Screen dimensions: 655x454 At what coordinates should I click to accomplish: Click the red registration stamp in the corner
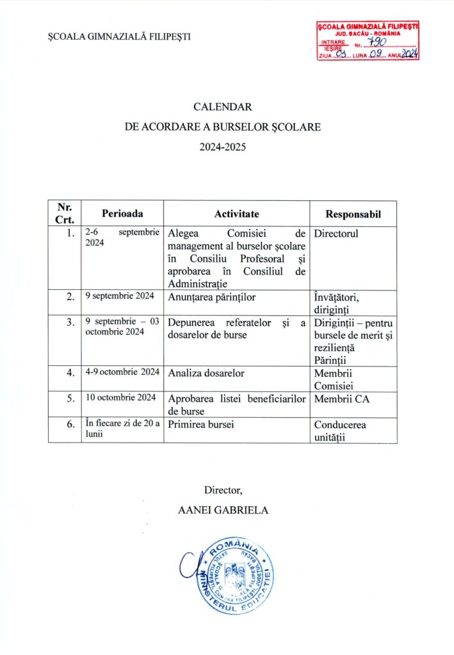[368, 40]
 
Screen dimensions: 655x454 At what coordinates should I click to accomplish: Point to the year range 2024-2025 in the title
[222, 146]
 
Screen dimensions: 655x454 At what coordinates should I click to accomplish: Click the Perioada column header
[122, 214]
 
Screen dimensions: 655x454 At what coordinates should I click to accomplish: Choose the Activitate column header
[236, 214]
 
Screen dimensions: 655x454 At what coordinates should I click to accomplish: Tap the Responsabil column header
[353, 214]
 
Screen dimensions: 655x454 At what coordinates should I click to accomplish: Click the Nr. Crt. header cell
[64, 213]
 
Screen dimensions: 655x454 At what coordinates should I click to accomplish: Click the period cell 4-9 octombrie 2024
[122, 372]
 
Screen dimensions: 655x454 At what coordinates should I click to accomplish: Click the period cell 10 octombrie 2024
[121, 398]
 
